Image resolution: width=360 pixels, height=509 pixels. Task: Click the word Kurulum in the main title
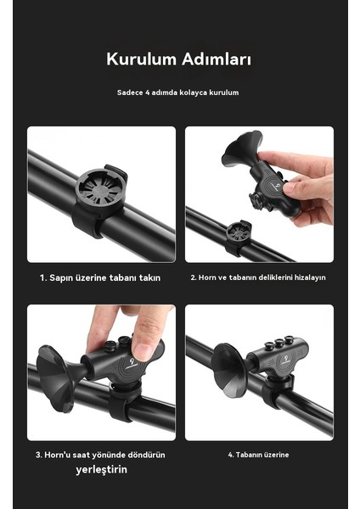point(141,59)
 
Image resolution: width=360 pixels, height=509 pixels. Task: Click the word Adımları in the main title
point(217,59)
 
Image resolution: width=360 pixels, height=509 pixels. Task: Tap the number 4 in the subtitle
point(147,92)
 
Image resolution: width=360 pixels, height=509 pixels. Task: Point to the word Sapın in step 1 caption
point(61,278)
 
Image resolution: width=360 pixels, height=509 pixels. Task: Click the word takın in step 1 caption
point(149,278)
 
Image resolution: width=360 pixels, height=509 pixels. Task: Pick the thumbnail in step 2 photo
point(290,188)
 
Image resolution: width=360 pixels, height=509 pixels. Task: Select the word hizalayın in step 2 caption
point(310,278)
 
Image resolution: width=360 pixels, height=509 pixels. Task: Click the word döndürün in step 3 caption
point(146,455)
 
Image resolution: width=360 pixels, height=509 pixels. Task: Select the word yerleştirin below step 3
point(101,469)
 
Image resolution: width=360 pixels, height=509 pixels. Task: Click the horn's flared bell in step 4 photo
point(228,371)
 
